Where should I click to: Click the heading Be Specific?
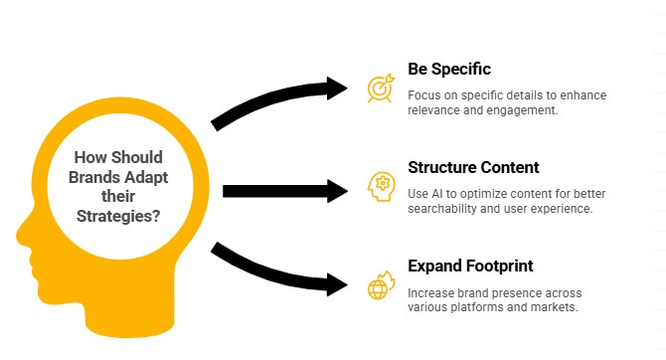[x=449, y=69]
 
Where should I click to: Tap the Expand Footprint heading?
[x=471, y=266]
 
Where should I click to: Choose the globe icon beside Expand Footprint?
[x=380, y=286]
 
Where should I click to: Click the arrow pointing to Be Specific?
[x=278, y=99]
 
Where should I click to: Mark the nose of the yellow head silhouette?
[x=20, y=236]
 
